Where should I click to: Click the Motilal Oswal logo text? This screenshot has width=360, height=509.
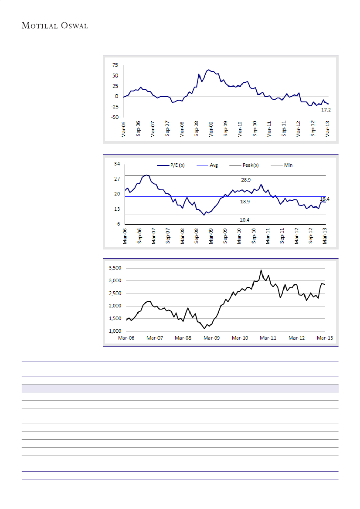coord(55,26)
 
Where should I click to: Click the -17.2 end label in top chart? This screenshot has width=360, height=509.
coord(324,110)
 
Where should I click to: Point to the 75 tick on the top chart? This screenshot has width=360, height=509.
coord(115,65)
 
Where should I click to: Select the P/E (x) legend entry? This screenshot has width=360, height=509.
coord(171,165)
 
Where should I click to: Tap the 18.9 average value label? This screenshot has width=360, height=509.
coord(245,202)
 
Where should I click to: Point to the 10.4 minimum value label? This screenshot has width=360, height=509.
coord(245,220)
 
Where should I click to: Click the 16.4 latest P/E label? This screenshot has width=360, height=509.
coord(324,199)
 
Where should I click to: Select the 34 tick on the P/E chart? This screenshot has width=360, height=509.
coord(117,164)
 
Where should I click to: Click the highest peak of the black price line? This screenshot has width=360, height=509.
coord(261,270)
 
